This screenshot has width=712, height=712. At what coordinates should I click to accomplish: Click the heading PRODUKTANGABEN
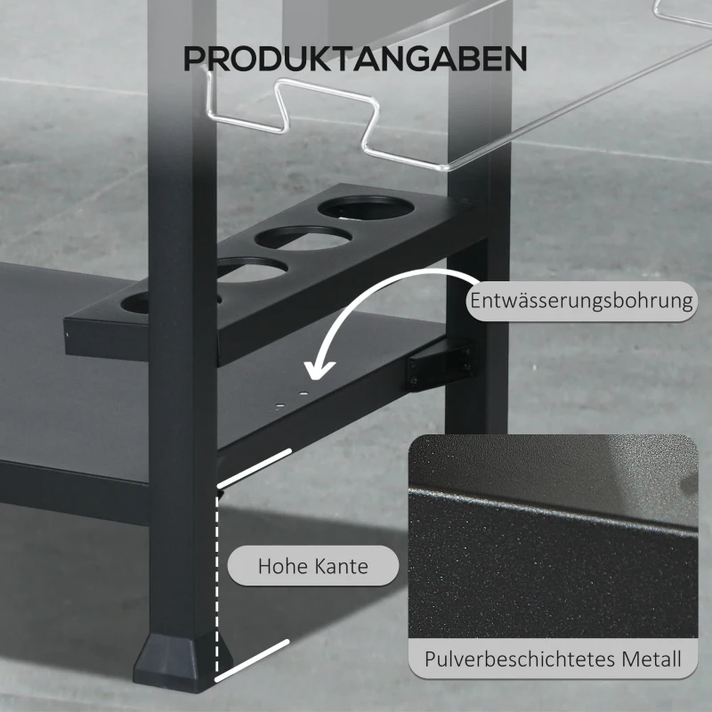pos(355,59)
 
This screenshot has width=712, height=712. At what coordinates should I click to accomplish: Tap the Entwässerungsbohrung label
pos(581,301)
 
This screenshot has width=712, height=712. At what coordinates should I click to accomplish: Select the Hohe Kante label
pos(312,565)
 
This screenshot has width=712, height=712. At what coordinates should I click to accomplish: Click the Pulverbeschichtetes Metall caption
pos(553,659)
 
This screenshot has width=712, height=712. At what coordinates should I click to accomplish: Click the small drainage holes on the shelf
pos(291,398)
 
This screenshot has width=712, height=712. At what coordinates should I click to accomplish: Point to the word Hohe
pos(280,565)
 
